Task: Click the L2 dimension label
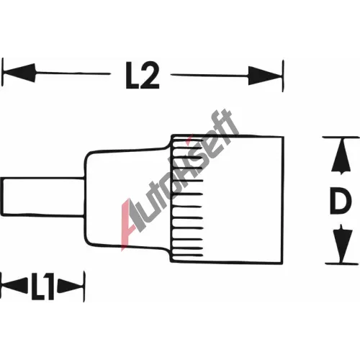coord(143,76)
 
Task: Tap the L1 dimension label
coord(42,287)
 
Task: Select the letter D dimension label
coord(341,201)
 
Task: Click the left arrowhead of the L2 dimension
coord(19,73)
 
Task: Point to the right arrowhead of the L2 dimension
coord(265,76)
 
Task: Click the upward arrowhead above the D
coord(341,156)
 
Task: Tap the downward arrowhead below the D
coord(342,243)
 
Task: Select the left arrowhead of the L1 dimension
coord(14,286)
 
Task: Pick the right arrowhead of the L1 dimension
coord(71,286)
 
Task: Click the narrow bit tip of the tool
coord(42,197)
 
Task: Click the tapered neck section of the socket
coord(128,198)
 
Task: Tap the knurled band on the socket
coord(187,198)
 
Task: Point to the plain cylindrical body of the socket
coord(243,199)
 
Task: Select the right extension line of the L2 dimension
coord(283,76)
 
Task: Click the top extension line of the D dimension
coord(341,138)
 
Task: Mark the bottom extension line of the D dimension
coord(342,264)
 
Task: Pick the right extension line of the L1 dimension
coord(84,287)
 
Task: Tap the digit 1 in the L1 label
coord(49,287)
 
